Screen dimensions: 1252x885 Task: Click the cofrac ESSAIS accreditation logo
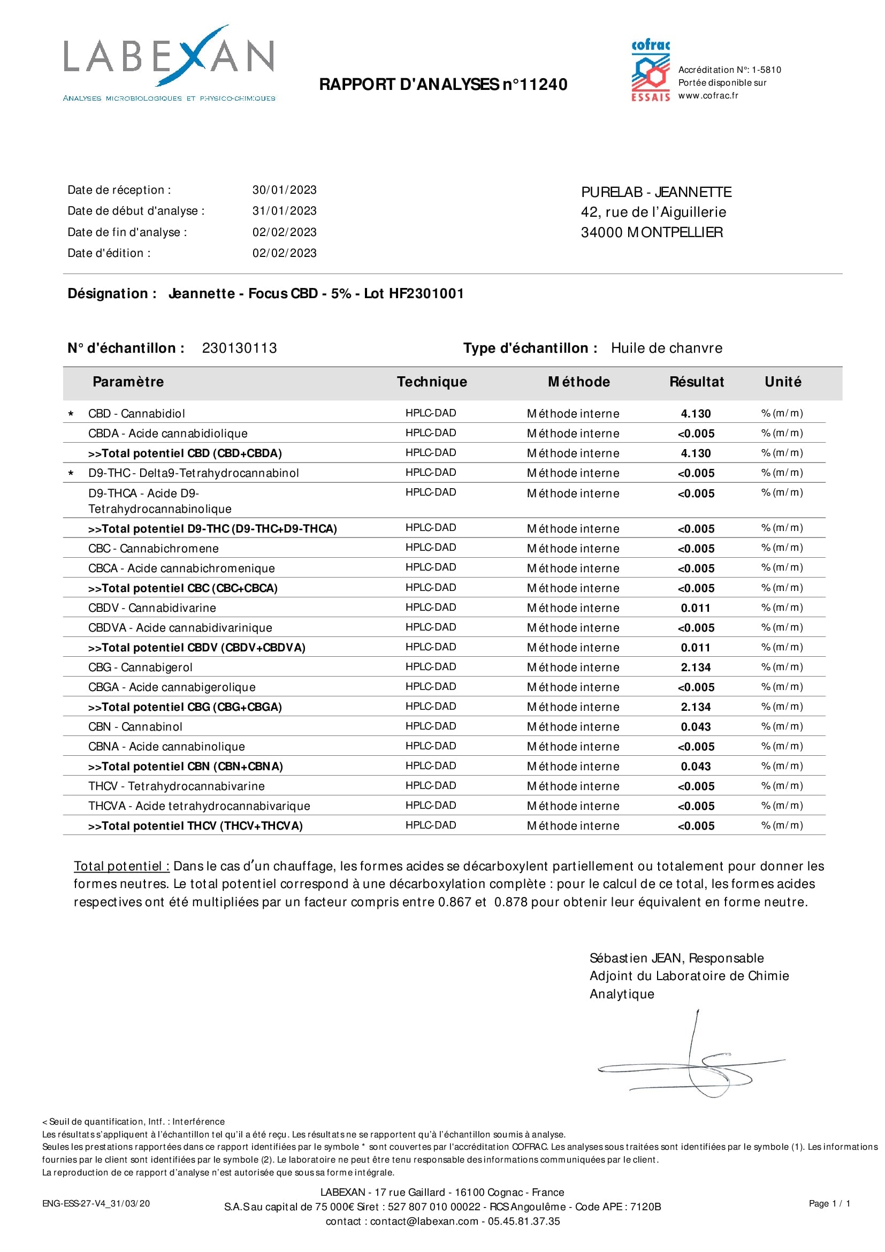[x=651, y=71]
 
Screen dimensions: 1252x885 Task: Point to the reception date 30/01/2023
[x=284, y=190]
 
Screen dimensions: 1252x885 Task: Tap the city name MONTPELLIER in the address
[x=675, y=232]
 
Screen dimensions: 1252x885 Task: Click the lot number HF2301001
[x=426, y=293]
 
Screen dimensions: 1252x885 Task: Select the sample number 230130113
[x=239, y=348]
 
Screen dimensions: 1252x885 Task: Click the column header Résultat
[x=697, y=382]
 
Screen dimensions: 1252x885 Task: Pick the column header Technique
[x=432, y=382]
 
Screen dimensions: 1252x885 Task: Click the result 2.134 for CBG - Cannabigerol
[x=696, y=667]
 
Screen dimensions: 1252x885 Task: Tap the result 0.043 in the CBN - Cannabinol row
[x=696, y=727]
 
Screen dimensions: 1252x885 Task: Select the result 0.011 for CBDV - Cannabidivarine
[x=696, y=608]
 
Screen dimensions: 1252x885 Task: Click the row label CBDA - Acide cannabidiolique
[x=168, y=434]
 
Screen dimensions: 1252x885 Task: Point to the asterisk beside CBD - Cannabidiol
[x=71, y=414]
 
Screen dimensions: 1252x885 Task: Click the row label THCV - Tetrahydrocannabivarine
[x=177, y=786]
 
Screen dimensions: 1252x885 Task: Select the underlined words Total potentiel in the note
[x=121, y=867]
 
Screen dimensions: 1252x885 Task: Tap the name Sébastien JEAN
[x=636, y=958]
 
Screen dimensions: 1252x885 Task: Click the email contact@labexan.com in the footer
[x=424, y=1221]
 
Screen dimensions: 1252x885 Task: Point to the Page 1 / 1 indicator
[x=829, y=1203]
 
